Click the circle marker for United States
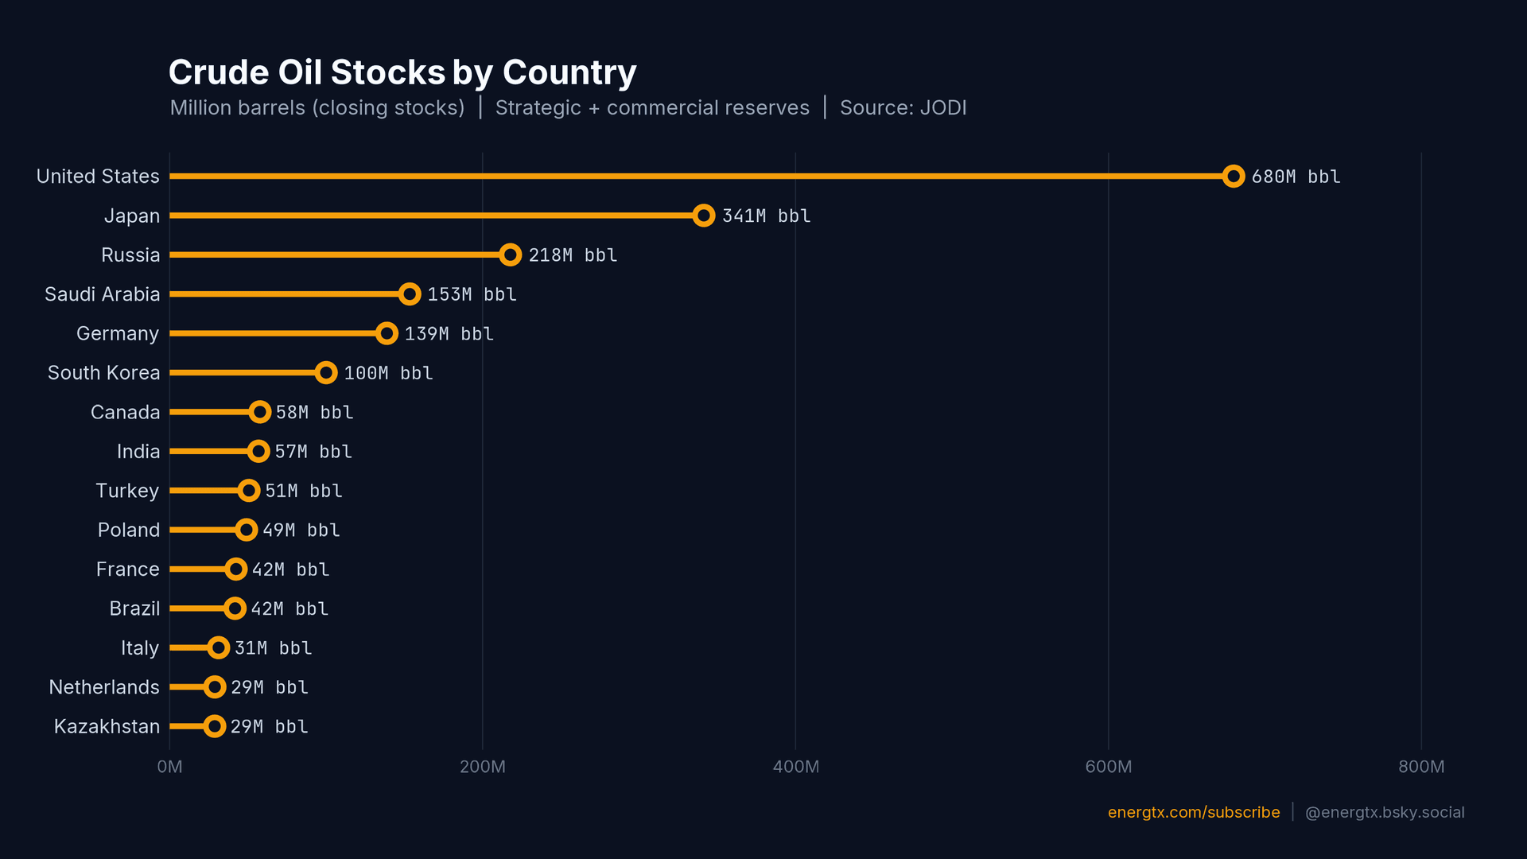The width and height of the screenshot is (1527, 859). [1233, 177]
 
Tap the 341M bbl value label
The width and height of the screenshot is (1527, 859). [766, 216]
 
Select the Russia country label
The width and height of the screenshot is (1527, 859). [130, 255]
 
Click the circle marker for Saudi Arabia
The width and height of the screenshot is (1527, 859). [410, 294]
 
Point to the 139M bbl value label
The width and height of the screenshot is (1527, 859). [449, 334]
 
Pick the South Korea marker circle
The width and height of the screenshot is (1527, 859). [326, 373]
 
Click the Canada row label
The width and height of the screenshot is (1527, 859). [125, 412]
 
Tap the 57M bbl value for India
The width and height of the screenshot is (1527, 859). [313, 452]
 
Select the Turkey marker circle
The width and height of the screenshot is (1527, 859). [249, 491]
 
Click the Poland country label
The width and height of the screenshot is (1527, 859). [128, 530]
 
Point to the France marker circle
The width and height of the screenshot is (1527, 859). [235, 569]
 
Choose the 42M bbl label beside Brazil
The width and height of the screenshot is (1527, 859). [289, 609]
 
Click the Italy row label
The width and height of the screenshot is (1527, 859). [140, 648]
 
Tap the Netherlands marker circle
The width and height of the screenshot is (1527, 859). [215, 687]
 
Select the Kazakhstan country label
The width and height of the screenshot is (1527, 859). [107, 726]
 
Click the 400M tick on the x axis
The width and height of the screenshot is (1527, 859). [795, 767]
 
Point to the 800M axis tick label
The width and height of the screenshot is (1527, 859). [1421, 767]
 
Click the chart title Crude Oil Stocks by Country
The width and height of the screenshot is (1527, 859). [402, 72]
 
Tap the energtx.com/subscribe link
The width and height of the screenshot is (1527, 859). [1194, 812]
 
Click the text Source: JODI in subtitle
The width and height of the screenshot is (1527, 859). [903, 108]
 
